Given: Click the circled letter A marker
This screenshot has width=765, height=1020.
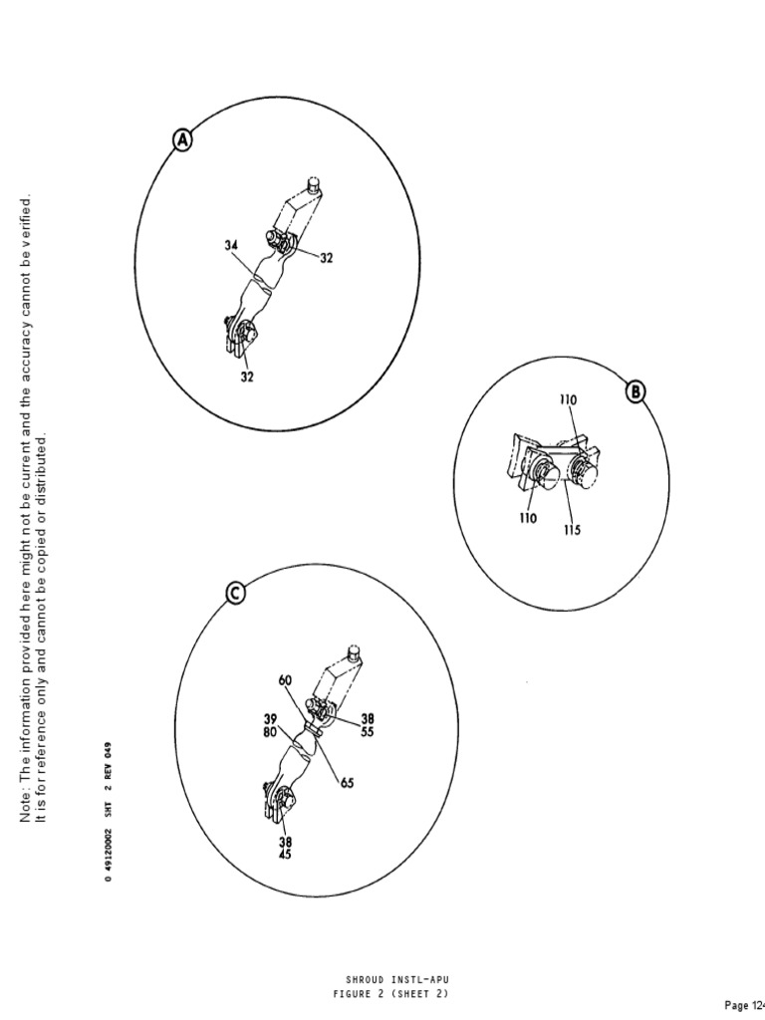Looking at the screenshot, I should tap(183, 141).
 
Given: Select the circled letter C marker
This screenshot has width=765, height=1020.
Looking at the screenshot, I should tap(234, 594).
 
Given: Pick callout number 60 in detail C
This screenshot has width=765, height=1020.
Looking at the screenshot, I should tap(287, 680).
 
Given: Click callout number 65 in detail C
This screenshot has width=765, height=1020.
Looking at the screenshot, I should tap(347, 783).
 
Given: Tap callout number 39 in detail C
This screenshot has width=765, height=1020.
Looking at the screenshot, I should tap(269, 719).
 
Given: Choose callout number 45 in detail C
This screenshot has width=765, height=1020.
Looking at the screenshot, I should tap(285, 854).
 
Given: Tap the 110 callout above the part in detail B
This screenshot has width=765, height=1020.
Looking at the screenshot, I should tap(568, 399).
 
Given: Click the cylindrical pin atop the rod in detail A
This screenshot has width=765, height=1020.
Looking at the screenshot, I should tap(315, 184).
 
